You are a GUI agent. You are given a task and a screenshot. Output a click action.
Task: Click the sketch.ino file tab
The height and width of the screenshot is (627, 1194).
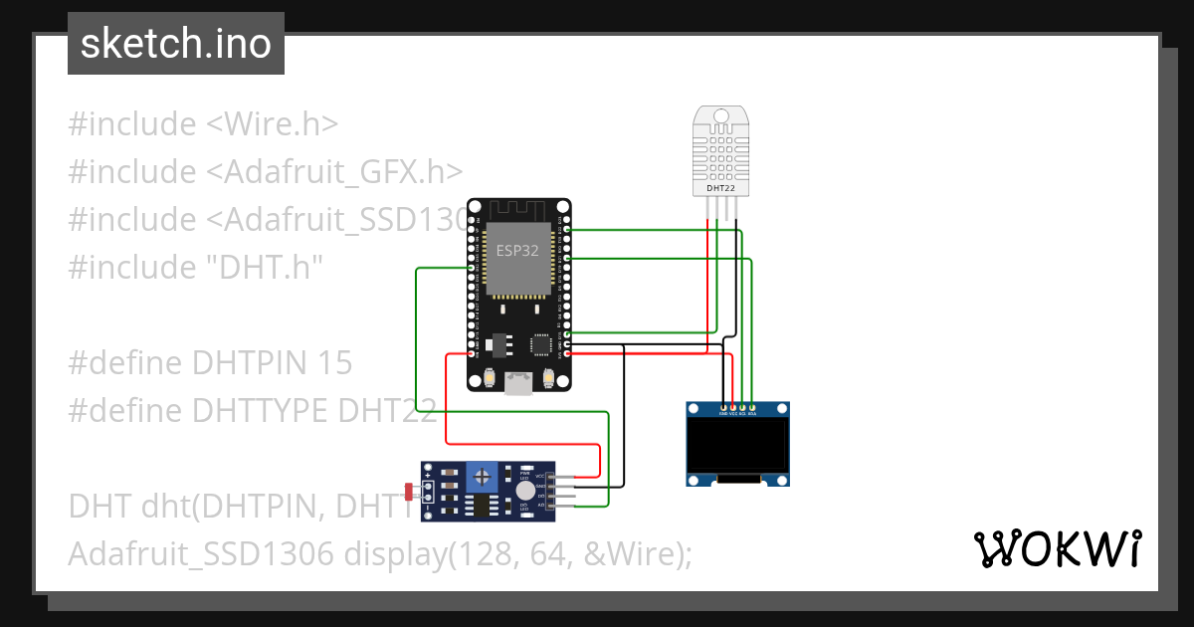176,44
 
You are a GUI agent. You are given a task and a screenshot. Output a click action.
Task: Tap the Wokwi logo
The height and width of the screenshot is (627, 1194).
1057,547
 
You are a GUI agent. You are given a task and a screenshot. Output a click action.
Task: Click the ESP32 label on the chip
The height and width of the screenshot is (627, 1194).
517,251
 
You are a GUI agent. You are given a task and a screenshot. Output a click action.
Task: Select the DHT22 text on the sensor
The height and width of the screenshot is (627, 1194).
721,187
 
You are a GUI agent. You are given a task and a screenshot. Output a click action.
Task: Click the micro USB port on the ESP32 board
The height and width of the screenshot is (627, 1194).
518,383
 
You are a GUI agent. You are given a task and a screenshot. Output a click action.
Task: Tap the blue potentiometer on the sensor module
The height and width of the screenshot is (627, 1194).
483,477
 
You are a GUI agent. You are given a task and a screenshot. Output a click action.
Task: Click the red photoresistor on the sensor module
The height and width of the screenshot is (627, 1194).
409,491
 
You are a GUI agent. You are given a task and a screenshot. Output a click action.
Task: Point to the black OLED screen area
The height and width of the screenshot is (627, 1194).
738,446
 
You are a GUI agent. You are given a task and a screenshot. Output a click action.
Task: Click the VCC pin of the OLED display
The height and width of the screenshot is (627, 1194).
733,407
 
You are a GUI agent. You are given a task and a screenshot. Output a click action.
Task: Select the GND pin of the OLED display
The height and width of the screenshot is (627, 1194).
724,407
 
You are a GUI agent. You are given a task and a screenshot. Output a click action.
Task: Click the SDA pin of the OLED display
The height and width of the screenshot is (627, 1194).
752,407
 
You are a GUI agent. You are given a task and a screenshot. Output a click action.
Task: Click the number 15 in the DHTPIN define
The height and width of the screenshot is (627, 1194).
335,363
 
